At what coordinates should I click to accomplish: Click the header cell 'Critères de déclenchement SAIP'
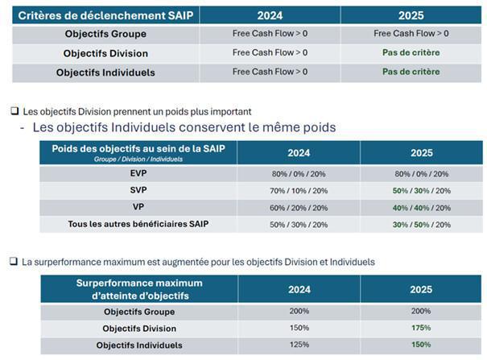pyautogui.click(x=105, y=15)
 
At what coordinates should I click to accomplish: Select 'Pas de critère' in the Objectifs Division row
pyautogui.click(x=411, y=52)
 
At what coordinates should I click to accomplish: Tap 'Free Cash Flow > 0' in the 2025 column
pyautogui.click(x=411, y=33)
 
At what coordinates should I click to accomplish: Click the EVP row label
pyautogui.click(x=138, y=173)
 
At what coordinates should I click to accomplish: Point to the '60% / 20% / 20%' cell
pyautogui.click(x=299, y=207)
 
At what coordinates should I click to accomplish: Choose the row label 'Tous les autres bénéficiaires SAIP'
pyautogui.click(x=138, y=224)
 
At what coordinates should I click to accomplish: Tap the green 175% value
pyautogui.click(x=420, y=328)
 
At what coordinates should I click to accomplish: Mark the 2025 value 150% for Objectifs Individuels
pyautogui.click(x=420, y=345)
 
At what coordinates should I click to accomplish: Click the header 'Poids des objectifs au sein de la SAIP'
pyautogui.click(x=138, y=149)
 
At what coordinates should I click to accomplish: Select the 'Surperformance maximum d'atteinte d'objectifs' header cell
pyautogui.click(x=138, y=289)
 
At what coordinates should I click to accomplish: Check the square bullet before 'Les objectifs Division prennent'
pyautogui.click(x=14, y=111)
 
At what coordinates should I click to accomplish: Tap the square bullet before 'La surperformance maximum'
pyautogui.click(x=14, y=262)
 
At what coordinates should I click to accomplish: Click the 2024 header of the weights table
pyautogui.click(x=299, y=153)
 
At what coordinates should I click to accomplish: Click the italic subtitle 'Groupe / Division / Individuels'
pyautogui.click(x=138, y=159)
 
